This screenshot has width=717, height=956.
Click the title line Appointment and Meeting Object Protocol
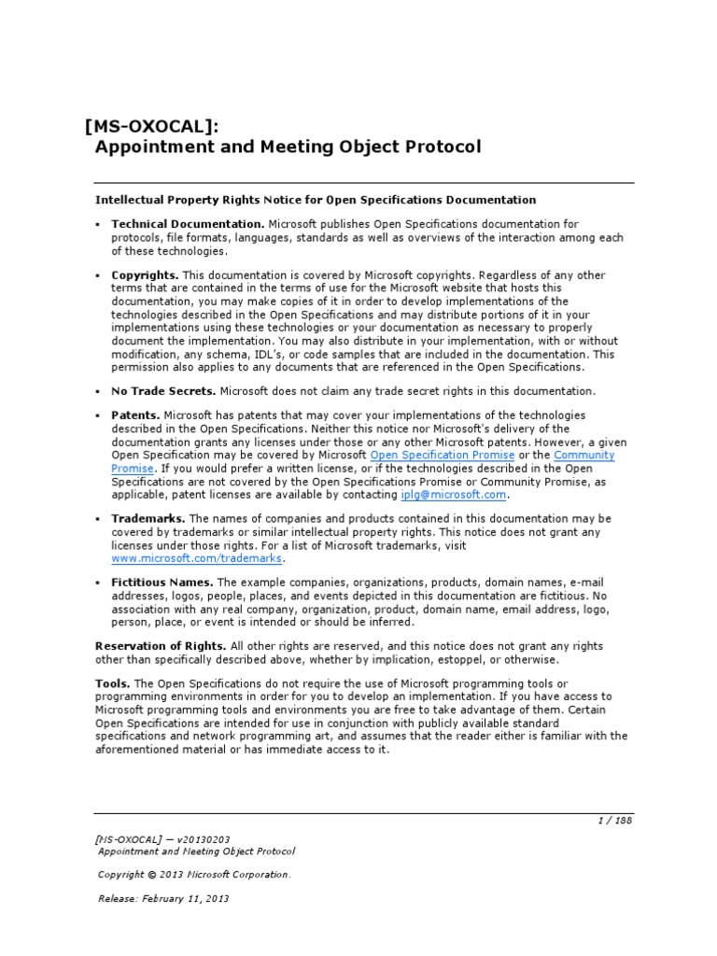point(288,148)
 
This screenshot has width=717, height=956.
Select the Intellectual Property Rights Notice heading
point(316,200)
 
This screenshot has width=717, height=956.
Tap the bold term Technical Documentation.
point(188,224)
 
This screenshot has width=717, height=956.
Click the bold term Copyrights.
point(145,275)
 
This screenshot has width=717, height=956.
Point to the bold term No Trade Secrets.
point(163,391)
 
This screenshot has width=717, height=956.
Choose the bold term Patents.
point(136,415)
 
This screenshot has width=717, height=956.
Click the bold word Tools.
point(112,683)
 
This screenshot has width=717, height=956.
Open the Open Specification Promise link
point(443,455)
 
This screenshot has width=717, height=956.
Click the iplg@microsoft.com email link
point(453,495)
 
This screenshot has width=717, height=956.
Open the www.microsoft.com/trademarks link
point(196,558)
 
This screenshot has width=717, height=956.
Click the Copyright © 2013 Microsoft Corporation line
point(194,875)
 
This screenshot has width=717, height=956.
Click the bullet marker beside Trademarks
point(98,518)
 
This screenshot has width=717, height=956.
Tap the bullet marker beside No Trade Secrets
point(98,391)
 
